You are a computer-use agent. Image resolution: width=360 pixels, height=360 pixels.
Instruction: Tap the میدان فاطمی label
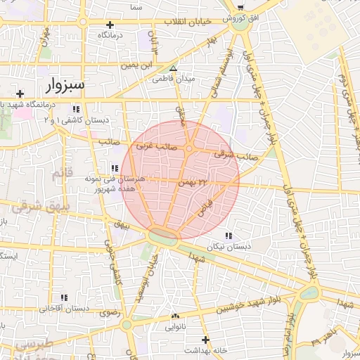pyautogui.click(x=173, y=79)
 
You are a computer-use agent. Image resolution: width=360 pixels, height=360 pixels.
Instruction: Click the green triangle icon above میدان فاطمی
pyautogui.click(x=173, y=68)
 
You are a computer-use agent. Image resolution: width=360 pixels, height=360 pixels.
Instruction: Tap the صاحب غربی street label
pyautogui.click(x=155, y=146)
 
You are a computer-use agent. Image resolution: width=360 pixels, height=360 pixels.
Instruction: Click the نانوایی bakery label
pyautogui.click(x=176, y=327)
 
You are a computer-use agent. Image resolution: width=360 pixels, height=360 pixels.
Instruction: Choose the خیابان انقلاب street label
pyautogui.click(x=188, y=22)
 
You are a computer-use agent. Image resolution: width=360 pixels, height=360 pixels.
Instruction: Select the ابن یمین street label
pyautogui.click(x=135, y=65)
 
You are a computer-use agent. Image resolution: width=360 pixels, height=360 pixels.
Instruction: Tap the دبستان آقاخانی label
pyautogui.click(x=64, y=308)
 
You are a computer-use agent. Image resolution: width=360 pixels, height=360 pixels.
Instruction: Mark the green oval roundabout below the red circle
pyautogui.click(x=163, y=237)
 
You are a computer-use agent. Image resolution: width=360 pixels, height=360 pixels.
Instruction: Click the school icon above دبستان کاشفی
pyautogui.click(x=75, y=109)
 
